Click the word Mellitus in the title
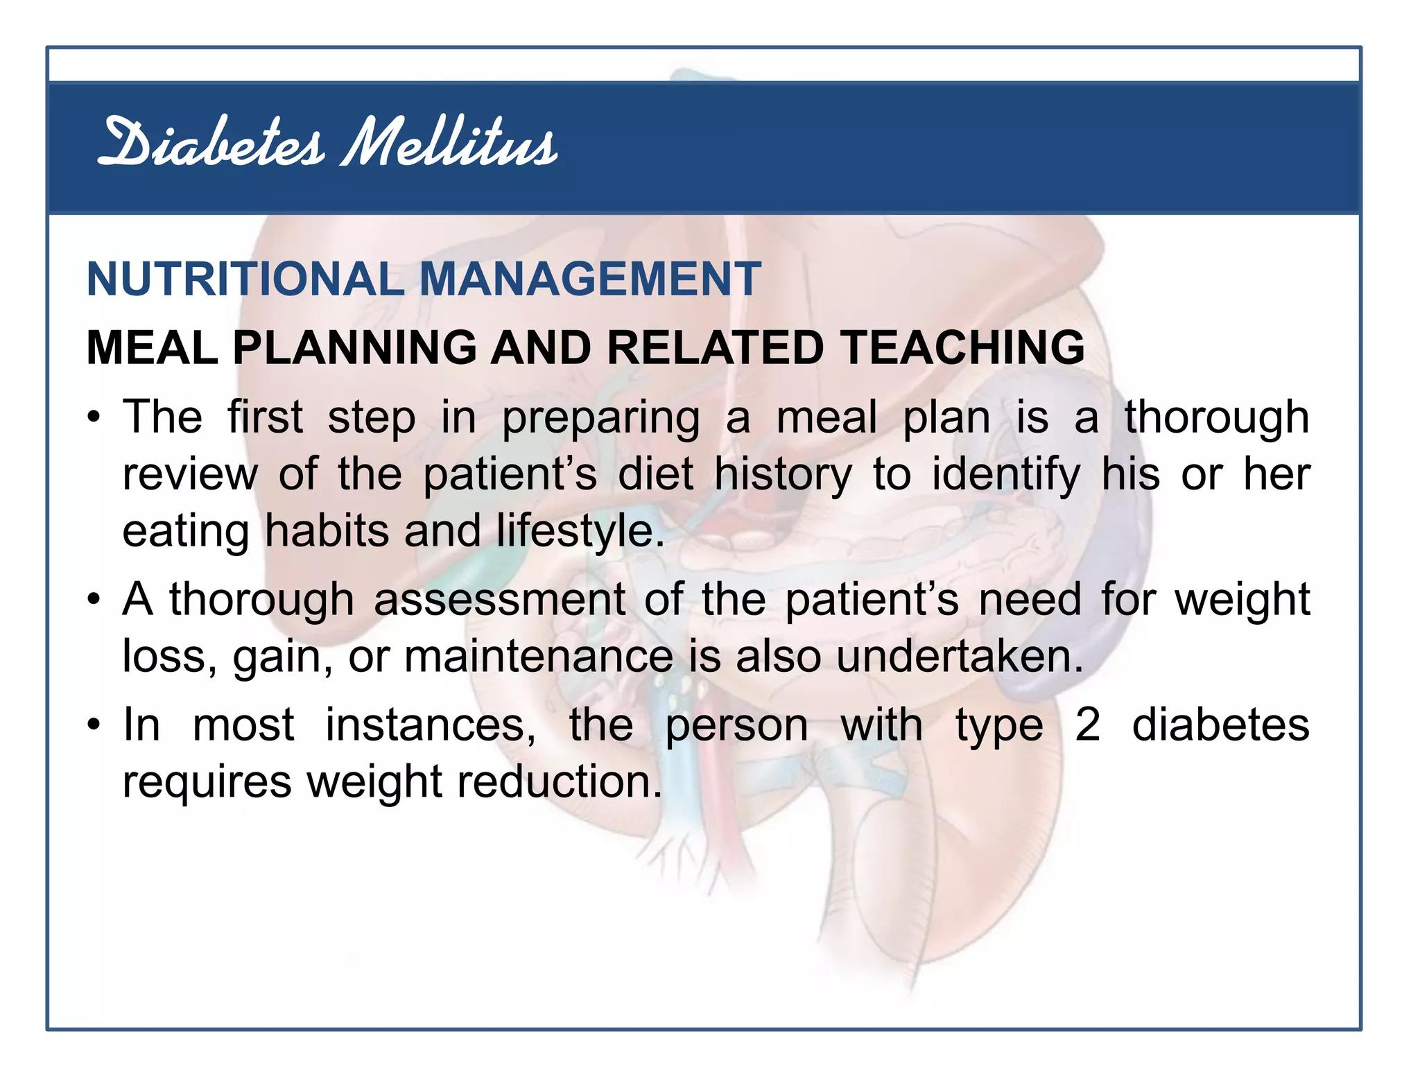(449, 144)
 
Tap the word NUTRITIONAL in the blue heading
(245, 279)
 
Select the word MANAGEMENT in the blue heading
(590, 279)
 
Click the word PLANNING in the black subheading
(354, 347)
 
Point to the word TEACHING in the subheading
(962, 347)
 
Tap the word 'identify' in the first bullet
(1005, 476)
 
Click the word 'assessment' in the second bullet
(499, 600)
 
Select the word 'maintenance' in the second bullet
(539, 657)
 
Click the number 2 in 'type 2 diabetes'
(1087, 726)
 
